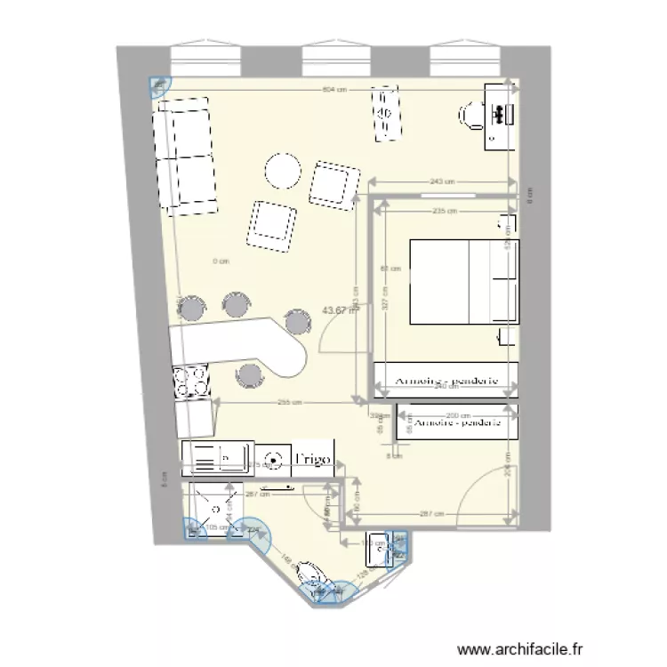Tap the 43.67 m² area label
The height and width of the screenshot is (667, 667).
(341, 310)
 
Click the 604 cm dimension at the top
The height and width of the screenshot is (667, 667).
(333, 90)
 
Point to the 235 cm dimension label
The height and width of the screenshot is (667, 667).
(445, 211)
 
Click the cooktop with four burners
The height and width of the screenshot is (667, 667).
(192, 383)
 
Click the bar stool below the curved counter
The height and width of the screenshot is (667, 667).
(251, 376)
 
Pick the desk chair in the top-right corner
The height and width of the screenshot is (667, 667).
(471, 116)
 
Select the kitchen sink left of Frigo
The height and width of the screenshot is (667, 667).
(219, 458)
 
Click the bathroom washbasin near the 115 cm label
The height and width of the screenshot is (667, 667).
(383, 550)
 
